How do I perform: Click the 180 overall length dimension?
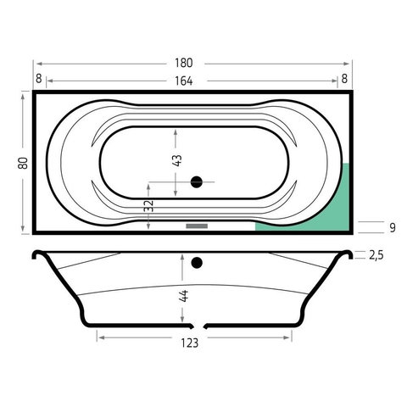(184, 63)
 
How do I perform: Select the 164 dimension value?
(184, 81)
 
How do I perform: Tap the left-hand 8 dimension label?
(39, 79)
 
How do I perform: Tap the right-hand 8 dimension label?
(344, 79)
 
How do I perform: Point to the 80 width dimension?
(23, 163)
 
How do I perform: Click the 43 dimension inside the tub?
(177, 160)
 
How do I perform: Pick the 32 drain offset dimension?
(148, 206)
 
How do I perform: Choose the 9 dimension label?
(393, 227)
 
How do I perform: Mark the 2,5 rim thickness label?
(376, 255)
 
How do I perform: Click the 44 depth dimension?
(184, 296)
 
